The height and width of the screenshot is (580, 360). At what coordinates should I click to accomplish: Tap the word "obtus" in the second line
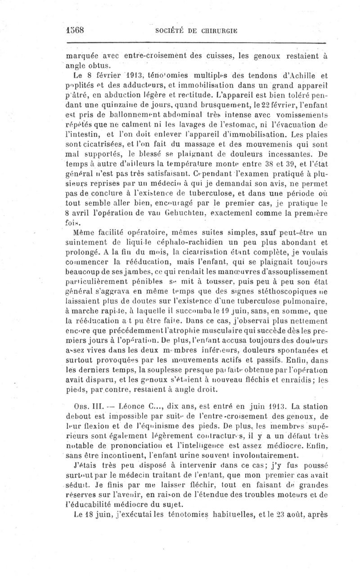(x=91, y=66)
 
